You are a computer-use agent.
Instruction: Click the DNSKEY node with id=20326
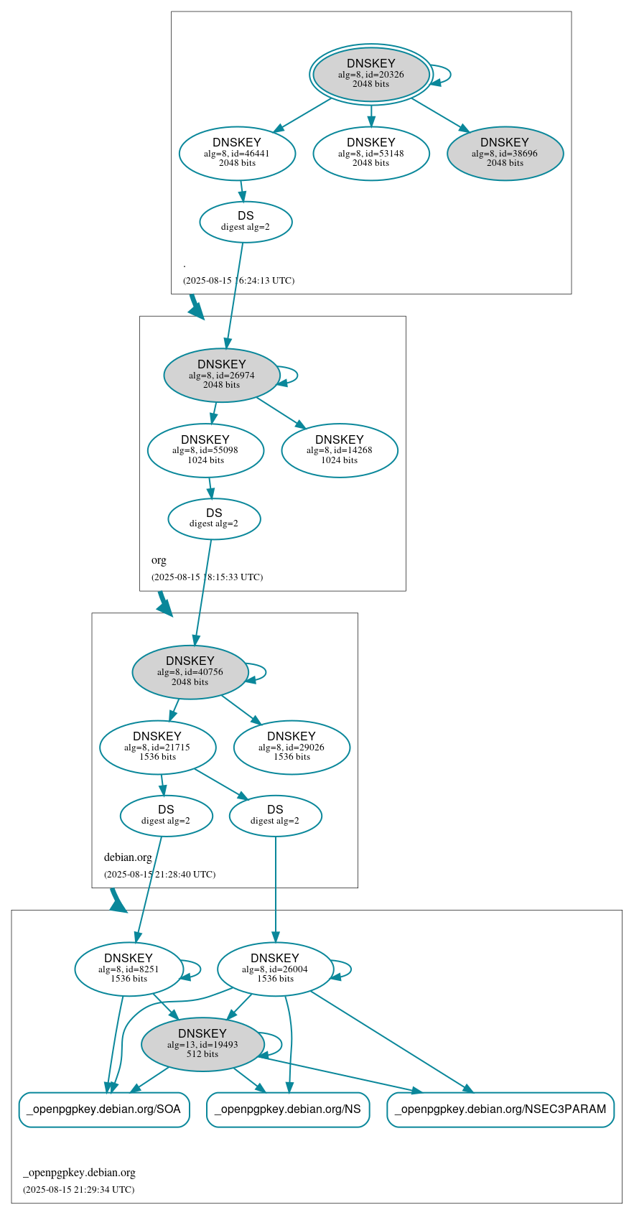click(371, 75)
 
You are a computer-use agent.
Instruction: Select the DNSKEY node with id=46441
click(237, 153)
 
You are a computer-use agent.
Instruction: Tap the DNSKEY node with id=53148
click(371, 153)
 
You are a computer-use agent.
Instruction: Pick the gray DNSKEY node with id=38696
click(505, 153)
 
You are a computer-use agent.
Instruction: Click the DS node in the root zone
click(246, 222)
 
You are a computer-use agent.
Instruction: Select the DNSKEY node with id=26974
click(221, 375)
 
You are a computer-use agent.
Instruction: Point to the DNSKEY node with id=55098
click(205, 450)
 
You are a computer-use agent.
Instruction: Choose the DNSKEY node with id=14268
click(340, 450)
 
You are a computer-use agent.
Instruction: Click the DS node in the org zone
click(214, 518)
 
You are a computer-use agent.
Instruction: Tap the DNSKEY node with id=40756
click(190, 671)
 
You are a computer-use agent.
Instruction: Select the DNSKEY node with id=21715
click(157, 747)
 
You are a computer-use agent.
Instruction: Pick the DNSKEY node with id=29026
click(292, 747)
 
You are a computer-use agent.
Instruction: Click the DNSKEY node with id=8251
click(129, 969)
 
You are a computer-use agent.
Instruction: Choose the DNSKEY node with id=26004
click(275, 969)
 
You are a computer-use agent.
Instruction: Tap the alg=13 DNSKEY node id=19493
click(202, 1044)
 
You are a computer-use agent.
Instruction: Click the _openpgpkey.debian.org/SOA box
click(104, 1109)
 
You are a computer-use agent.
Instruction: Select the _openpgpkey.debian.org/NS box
click(288, 1109)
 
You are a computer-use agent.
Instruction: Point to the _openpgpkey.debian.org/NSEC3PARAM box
click(500, 1109)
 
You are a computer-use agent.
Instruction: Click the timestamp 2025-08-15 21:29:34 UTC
click(78, 1189)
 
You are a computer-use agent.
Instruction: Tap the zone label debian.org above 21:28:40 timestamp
click(128, 857)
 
